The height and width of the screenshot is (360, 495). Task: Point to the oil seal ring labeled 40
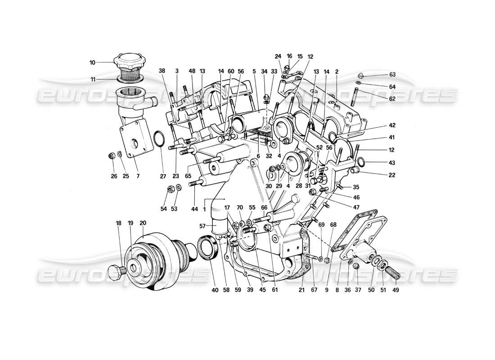click(208, 249)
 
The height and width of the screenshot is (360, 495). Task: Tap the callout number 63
click(392, 75)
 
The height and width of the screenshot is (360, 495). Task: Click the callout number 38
click(162, 71)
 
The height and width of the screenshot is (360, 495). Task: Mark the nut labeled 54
click(171, 188)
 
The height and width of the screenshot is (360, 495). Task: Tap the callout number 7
click(138, 176)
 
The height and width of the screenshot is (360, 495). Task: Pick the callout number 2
click(337, 71)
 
